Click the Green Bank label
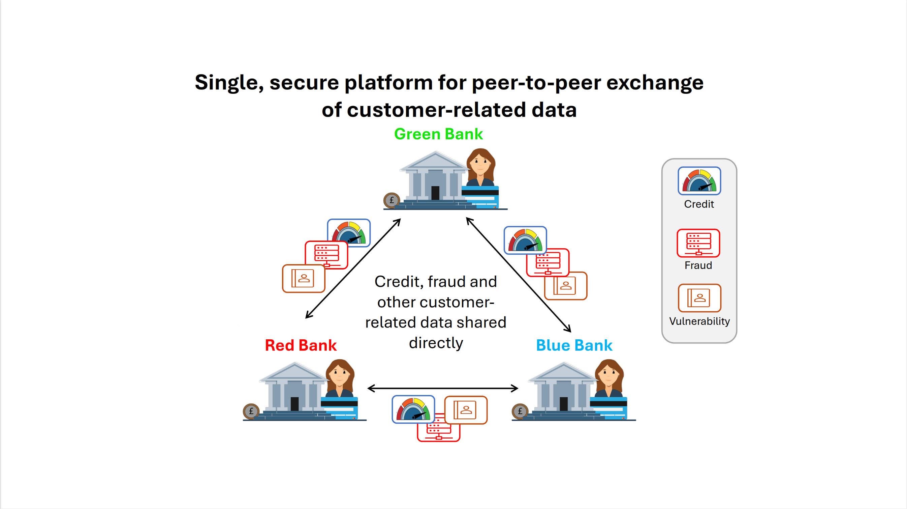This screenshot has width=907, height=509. click(438, 134)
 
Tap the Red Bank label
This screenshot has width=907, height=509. click(301, 345)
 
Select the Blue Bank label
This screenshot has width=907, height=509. click(574, 345)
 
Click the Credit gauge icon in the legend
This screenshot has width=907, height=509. click(699, 181)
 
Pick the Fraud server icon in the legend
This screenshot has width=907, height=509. click(698, 243)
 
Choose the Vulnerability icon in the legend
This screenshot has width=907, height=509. click(699, 298)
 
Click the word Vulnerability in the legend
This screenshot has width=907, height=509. click(699, 321)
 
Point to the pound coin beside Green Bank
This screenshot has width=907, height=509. click(392, 200)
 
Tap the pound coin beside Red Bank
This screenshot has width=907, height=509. click(251, 411)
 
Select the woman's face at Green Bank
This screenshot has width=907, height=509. click(480, 164)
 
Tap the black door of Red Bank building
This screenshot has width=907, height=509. click(294, 404)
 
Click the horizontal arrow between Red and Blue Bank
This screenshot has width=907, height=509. click(443, 389)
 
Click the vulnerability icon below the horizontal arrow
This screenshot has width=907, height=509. click(466, 410)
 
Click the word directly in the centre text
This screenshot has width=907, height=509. click(436, 343)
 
